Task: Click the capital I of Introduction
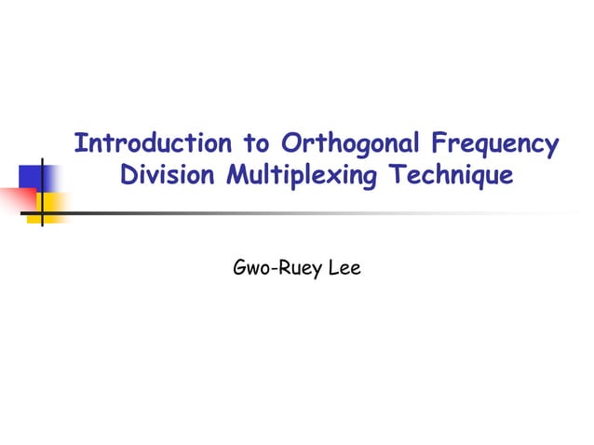point(79,144)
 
